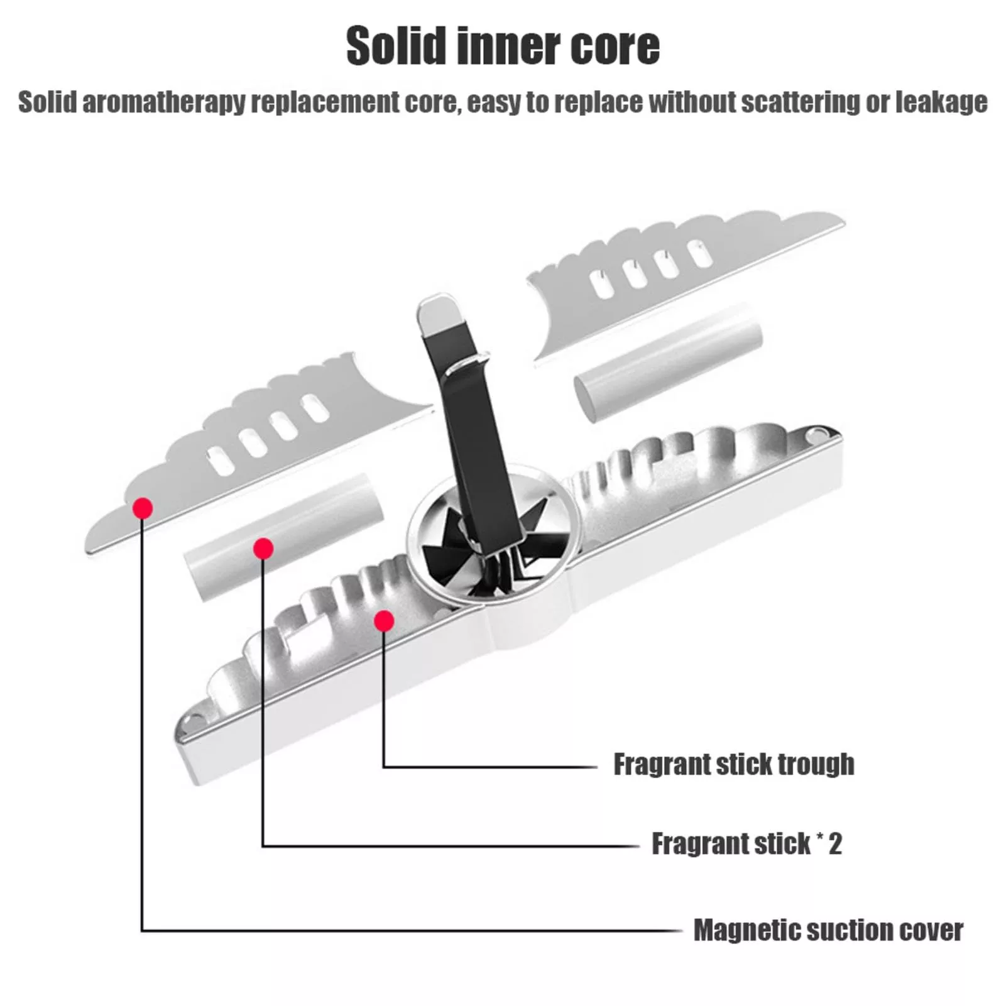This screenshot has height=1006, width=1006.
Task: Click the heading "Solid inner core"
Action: (503, 45)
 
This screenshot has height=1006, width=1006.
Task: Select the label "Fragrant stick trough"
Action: (733, 764)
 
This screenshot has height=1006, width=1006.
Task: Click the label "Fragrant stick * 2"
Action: (746, 843)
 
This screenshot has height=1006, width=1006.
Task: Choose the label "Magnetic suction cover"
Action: (828, 930)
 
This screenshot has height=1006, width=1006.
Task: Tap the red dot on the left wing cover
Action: (143, 508)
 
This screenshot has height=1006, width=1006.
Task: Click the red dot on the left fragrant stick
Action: (263, 549)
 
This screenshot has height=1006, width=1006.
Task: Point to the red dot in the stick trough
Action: (384, 621)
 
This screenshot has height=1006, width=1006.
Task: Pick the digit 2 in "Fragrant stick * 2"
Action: (834, 843)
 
